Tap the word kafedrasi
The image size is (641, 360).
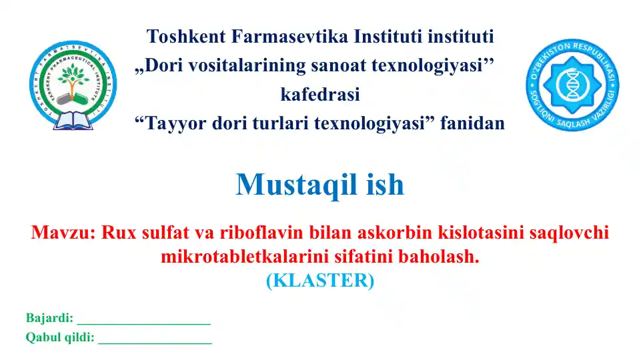(x=320, y=94)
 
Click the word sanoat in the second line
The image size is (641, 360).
(x=354, y=65)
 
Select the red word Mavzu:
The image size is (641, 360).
(x=64, y=233)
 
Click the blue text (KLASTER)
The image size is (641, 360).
(x=320, y=281)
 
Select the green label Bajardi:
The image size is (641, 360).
(x=49, y=318)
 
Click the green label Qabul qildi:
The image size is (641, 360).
(x=59, y=337)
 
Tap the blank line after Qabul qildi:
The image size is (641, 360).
(x=155, y=341)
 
